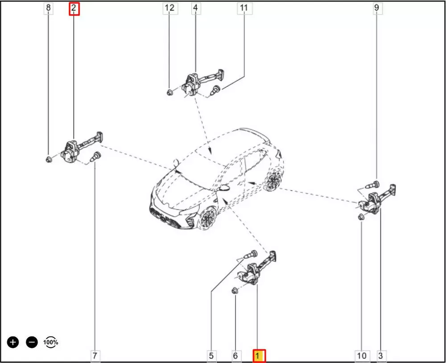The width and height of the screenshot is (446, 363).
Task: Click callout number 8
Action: click(48, 8)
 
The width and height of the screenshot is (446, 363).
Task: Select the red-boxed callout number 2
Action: click(74, 8)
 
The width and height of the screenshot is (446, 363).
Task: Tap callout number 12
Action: click(170, 8)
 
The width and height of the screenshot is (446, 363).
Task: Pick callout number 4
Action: click(196, 8)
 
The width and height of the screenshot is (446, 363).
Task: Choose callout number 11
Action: click(244, 8)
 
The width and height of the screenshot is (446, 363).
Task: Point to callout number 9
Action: click(377, 8)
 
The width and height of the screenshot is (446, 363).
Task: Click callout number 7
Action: click(95, 355)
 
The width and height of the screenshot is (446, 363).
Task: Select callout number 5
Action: click(211, 355)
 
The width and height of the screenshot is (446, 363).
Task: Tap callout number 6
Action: click(235, 355)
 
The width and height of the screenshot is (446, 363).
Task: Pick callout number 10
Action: click(362, 355)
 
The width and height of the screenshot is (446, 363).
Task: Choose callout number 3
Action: click(381, 355)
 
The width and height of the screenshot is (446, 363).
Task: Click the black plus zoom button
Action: click(13, 342)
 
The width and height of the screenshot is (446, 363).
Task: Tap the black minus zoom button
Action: click(32, 342)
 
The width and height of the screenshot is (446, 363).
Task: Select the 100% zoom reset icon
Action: click(51, 342)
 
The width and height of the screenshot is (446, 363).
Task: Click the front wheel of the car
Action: click(207, 218)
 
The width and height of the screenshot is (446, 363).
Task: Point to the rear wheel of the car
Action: click(273, 180)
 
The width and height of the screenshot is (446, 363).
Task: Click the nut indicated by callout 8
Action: click(49, 159)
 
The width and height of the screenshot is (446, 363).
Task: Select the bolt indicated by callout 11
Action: click(215, 90)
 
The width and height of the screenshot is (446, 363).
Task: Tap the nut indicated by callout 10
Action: click(361, 217)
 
